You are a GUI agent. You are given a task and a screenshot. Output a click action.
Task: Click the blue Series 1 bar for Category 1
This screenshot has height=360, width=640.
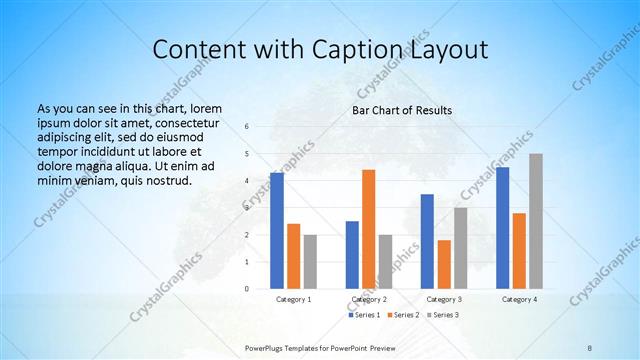(277, 231)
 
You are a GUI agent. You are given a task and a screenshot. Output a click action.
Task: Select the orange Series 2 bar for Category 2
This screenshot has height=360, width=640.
(369, 229)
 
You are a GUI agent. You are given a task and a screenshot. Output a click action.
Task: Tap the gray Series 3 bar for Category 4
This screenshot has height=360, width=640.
(536, 221)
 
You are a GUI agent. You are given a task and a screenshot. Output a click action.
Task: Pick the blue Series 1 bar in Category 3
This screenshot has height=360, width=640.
(427, 241)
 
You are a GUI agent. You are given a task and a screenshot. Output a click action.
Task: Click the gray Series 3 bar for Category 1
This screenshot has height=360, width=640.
(310, 262)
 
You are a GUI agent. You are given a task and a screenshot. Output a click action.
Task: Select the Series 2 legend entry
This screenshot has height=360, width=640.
(403, 315)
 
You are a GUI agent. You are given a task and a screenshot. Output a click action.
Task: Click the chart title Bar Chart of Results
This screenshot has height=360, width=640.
(402, 110)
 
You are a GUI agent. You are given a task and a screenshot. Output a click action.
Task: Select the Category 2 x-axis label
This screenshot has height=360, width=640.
(369, 299)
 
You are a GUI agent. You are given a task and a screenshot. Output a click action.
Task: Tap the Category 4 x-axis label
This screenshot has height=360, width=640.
(519, 299)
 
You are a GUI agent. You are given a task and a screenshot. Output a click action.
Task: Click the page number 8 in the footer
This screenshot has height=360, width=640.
(590, 346)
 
